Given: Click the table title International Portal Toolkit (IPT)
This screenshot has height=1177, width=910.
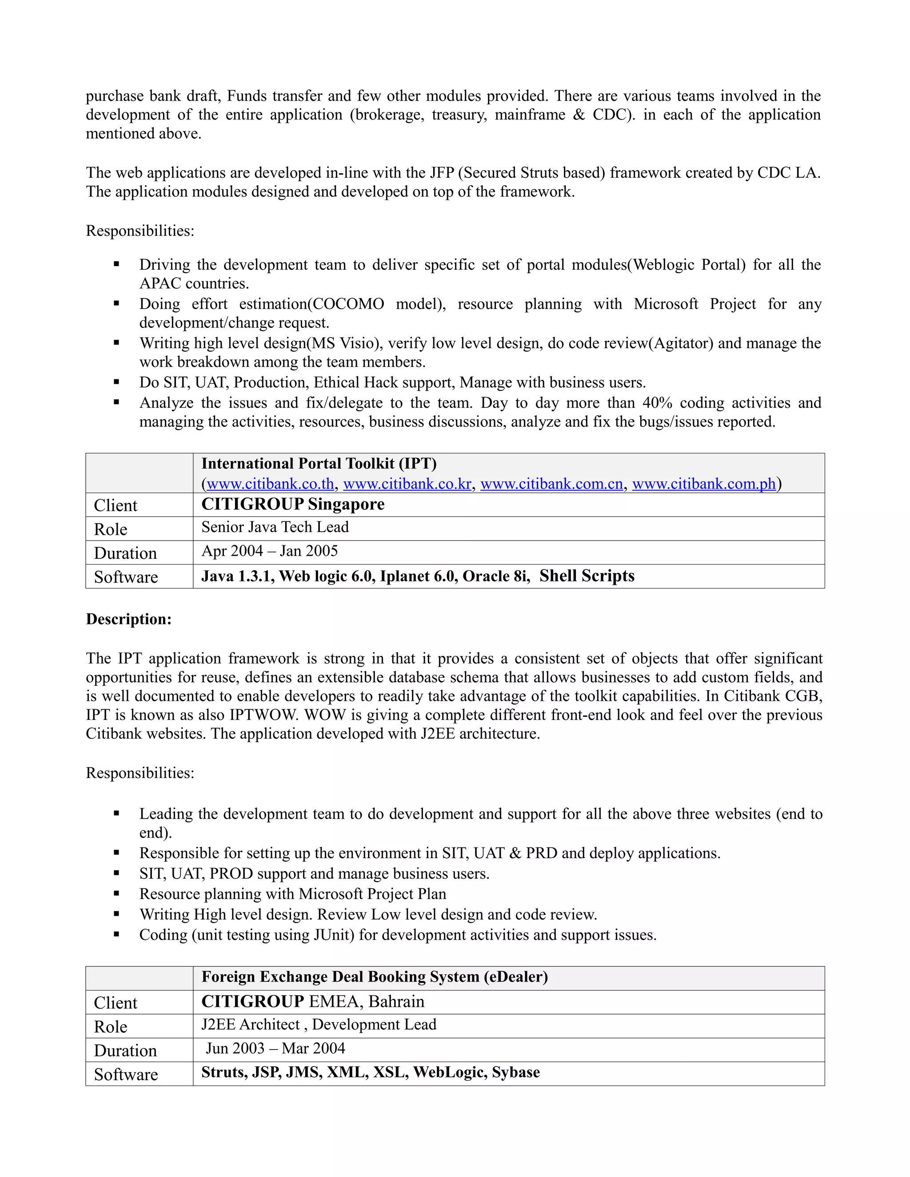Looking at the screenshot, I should (319, 463).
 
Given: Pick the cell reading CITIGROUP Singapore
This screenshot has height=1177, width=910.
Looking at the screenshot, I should (293, 505).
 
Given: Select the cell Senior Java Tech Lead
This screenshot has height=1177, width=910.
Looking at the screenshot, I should (275, 527).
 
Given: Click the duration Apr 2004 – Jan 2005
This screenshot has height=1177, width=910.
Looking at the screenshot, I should (270, 551).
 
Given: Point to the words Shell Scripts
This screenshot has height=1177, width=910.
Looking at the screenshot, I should (587, 576).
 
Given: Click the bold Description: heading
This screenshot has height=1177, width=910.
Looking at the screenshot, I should (129, 619).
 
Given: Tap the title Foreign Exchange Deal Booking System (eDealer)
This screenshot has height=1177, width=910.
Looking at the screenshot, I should (374, 977).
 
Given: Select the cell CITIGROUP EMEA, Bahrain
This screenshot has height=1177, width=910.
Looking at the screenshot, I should (313, 1001).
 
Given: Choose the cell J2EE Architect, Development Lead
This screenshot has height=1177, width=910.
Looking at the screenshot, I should (319, 1025).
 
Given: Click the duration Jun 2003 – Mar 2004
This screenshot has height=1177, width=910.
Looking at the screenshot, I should (275, 1048).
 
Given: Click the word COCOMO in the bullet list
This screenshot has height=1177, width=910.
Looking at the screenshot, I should (348, 304).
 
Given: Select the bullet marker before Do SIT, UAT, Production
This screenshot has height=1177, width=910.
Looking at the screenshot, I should (116, 382).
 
